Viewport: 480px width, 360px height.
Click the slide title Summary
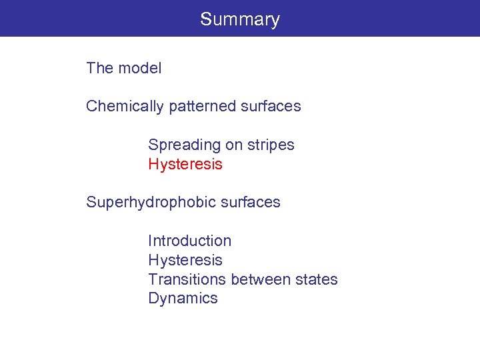(240, 19)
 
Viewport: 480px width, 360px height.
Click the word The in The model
(100, 68)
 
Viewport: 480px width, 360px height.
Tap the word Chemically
(122, 107)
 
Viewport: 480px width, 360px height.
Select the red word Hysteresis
(185, 165)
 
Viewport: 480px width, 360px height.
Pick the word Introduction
(189, 241)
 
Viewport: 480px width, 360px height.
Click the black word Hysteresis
(185, 260)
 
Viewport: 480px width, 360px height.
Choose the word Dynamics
(183, 299)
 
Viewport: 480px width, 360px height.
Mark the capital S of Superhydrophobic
(91, 202)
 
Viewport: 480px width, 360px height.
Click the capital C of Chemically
(91, 106)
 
